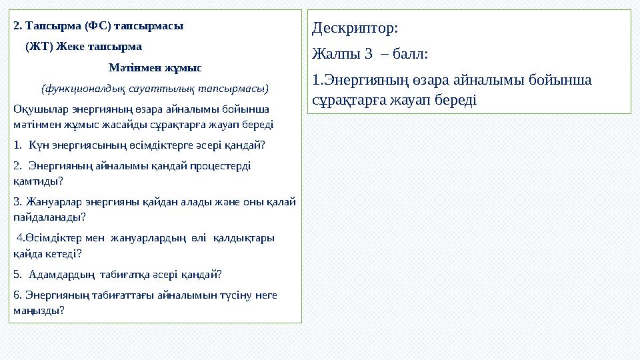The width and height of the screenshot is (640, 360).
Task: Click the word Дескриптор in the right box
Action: tap(353, 29)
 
